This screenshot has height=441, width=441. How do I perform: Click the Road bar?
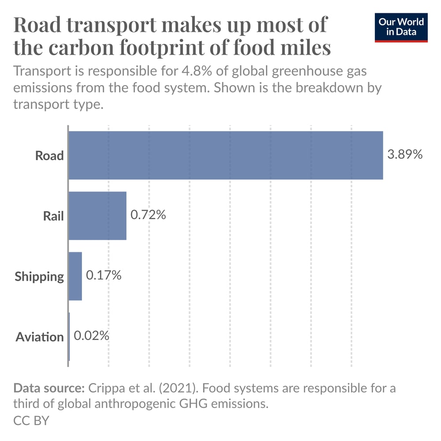pos(226,155)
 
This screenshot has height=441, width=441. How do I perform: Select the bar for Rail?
pos(98,216)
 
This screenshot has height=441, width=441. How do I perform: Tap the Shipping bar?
pos(75,276)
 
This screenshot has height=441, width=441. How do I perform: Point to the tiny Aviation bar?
pos(69,336)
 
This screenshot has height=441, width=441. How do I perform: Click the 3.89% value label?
pos(405,155)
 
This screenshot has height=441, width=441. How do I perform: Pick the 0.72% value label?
pos(148,215)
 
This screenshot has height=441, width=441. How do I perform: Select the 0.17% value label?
pos(104,276)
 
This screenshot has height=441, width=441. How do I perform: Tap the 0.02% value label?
pos(91,336)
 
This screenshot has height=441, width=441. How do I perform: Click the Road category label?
pos(49,156)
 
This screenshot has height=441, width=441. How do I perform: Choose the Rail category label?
pos(53,216)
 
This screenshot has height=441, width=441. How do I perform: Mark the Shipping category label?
pos(39,277)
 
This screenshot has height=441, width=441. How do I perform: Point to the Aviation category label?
pos(40,337)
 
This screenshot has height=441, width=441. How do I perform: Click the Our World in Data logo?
pos(401,27)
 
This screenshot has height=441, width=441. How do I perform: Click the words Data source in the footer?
pos(49,389)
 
